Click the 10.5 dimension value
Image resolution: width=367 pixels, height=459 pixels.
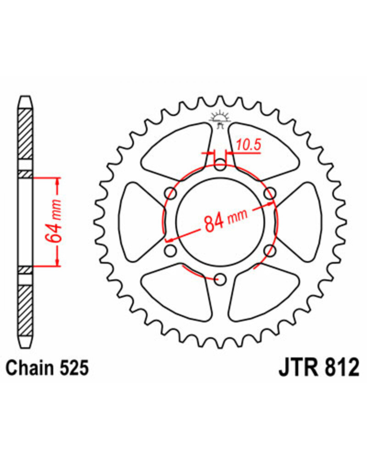(x=248, y=145)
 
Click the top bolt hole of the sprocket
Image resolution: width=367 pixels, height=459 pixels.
(x=220, y=165)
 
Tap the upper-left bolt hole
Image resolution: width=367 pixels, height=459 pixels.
(x=171, y=193)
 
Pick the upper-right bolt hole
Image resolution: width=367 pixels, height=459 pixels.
(x=270, y=193)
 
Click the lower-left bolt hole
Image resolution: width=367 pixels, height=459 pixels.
(x=171, y=251)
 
